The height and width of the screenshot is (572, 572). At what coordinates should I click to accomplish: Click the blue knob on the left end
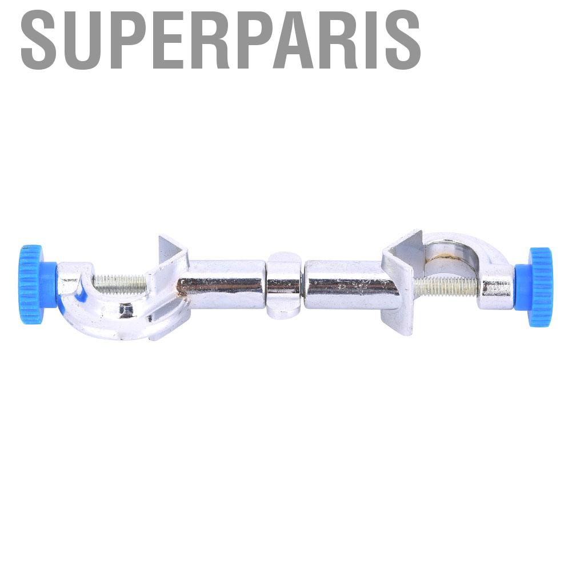[35, 285]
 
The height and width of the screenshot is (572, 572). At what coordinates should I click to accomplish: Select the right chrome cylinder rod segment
[349, 285]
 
